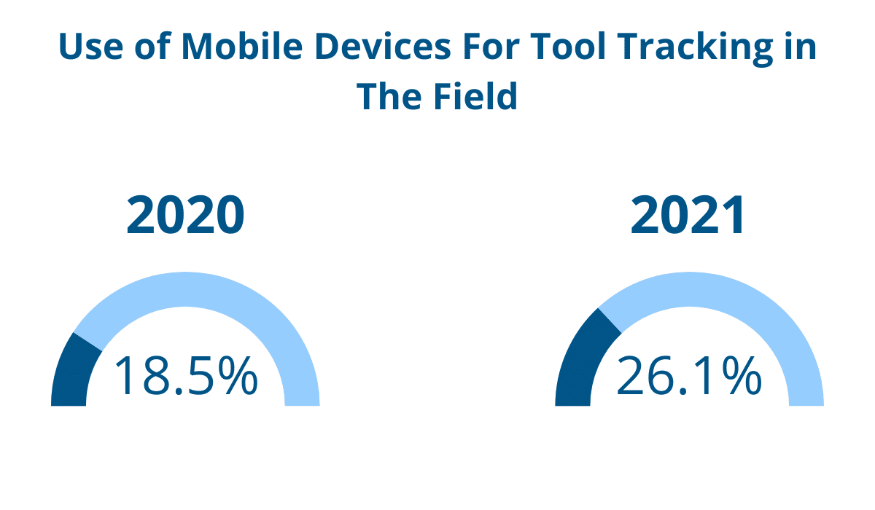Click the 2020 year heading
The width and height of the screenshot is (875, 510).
[184, 216]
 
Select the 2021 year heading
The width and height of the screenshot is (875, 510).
[688, 216]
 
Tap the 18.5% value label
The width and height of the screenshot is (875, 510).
[185, 376]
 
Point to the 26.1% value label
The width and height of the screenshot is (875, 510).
[689, 376]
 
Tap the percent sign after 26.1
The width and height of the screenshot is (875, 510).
[741, 376]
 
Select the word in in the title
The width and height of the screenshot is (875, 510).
[801, 48]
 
